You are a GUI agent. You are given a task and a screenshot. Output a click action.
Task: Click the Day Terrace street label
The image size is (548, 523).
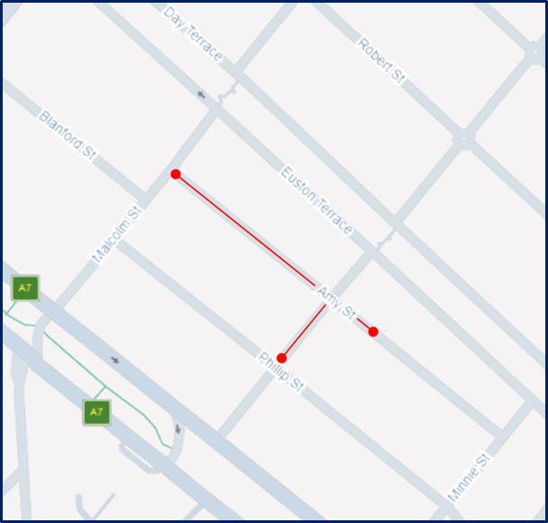(193, 35)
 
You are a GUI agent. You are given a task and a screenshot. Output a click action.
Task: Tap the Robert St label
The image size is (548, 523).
(380, 61)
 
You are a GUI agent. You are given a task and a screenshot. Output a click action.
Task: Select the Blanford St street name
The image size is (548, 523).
(68, 135)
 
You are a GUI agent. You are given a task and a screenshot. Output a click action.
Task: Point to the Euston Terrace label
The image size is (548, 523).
(316, 199)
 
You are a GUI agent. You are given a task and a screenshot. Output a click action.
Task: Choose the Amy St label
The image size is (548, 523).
(335, 301)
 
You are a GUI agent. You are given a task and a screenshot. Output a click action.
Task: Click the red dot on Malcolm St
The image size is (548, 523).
(176, 174)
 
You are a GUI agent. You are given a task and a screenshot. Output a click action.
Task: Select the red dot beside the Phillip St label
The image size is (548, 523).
(281, 358)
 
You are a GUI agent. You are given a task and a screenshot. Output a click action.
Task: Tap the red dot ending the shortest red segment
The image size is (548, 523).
(373, 332)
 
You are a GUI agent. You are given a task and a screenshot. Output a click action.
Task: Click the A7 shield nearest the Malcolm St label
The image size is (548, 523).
(25, 289)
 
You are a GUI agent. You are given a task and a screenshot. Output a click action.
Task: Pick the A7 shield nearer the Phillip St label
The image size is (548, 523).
(96, 412)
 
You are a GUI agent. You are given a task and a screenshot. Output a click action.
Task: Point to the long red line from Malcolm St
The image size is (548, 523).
(243, 229)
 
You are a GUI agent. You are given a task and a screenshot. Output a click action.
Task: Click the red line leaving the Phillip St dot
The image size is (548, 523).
(303, 331)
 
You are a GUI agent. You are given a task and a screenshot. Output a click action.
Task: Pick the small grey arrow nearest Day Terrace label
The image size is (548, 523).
(200, 94)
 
